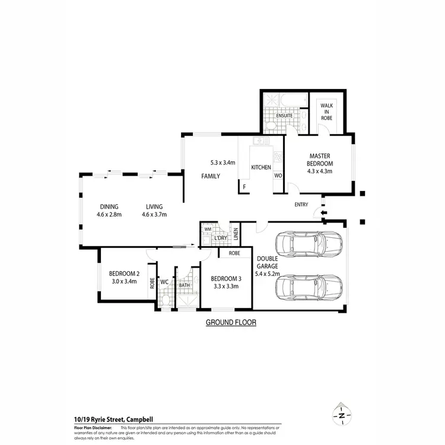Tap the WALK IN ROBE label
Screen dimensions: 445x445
point(327,112)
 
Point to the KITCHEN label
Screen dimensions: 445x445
point(260,167)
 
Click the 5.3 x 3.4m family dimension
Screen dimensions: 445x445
point(223,163)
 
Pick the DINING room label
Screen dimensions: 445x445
point(109,206)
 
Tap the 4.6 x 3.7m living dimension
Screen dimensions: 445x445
point(154,214)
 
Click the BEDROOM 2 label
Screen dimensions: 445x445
point(124,274)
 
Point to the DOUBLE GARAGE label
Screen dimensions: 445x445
point(268,266)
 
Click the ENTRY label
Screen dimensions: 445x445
point(301,205)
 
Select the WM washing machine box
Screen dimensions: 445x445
point(208,229)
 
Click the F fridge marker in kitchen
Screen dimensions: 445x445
point(243,187)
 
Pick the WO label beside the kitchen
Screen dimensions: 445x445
point(278,176)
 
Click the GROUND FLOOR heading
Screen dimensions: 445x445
point(231,323)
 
